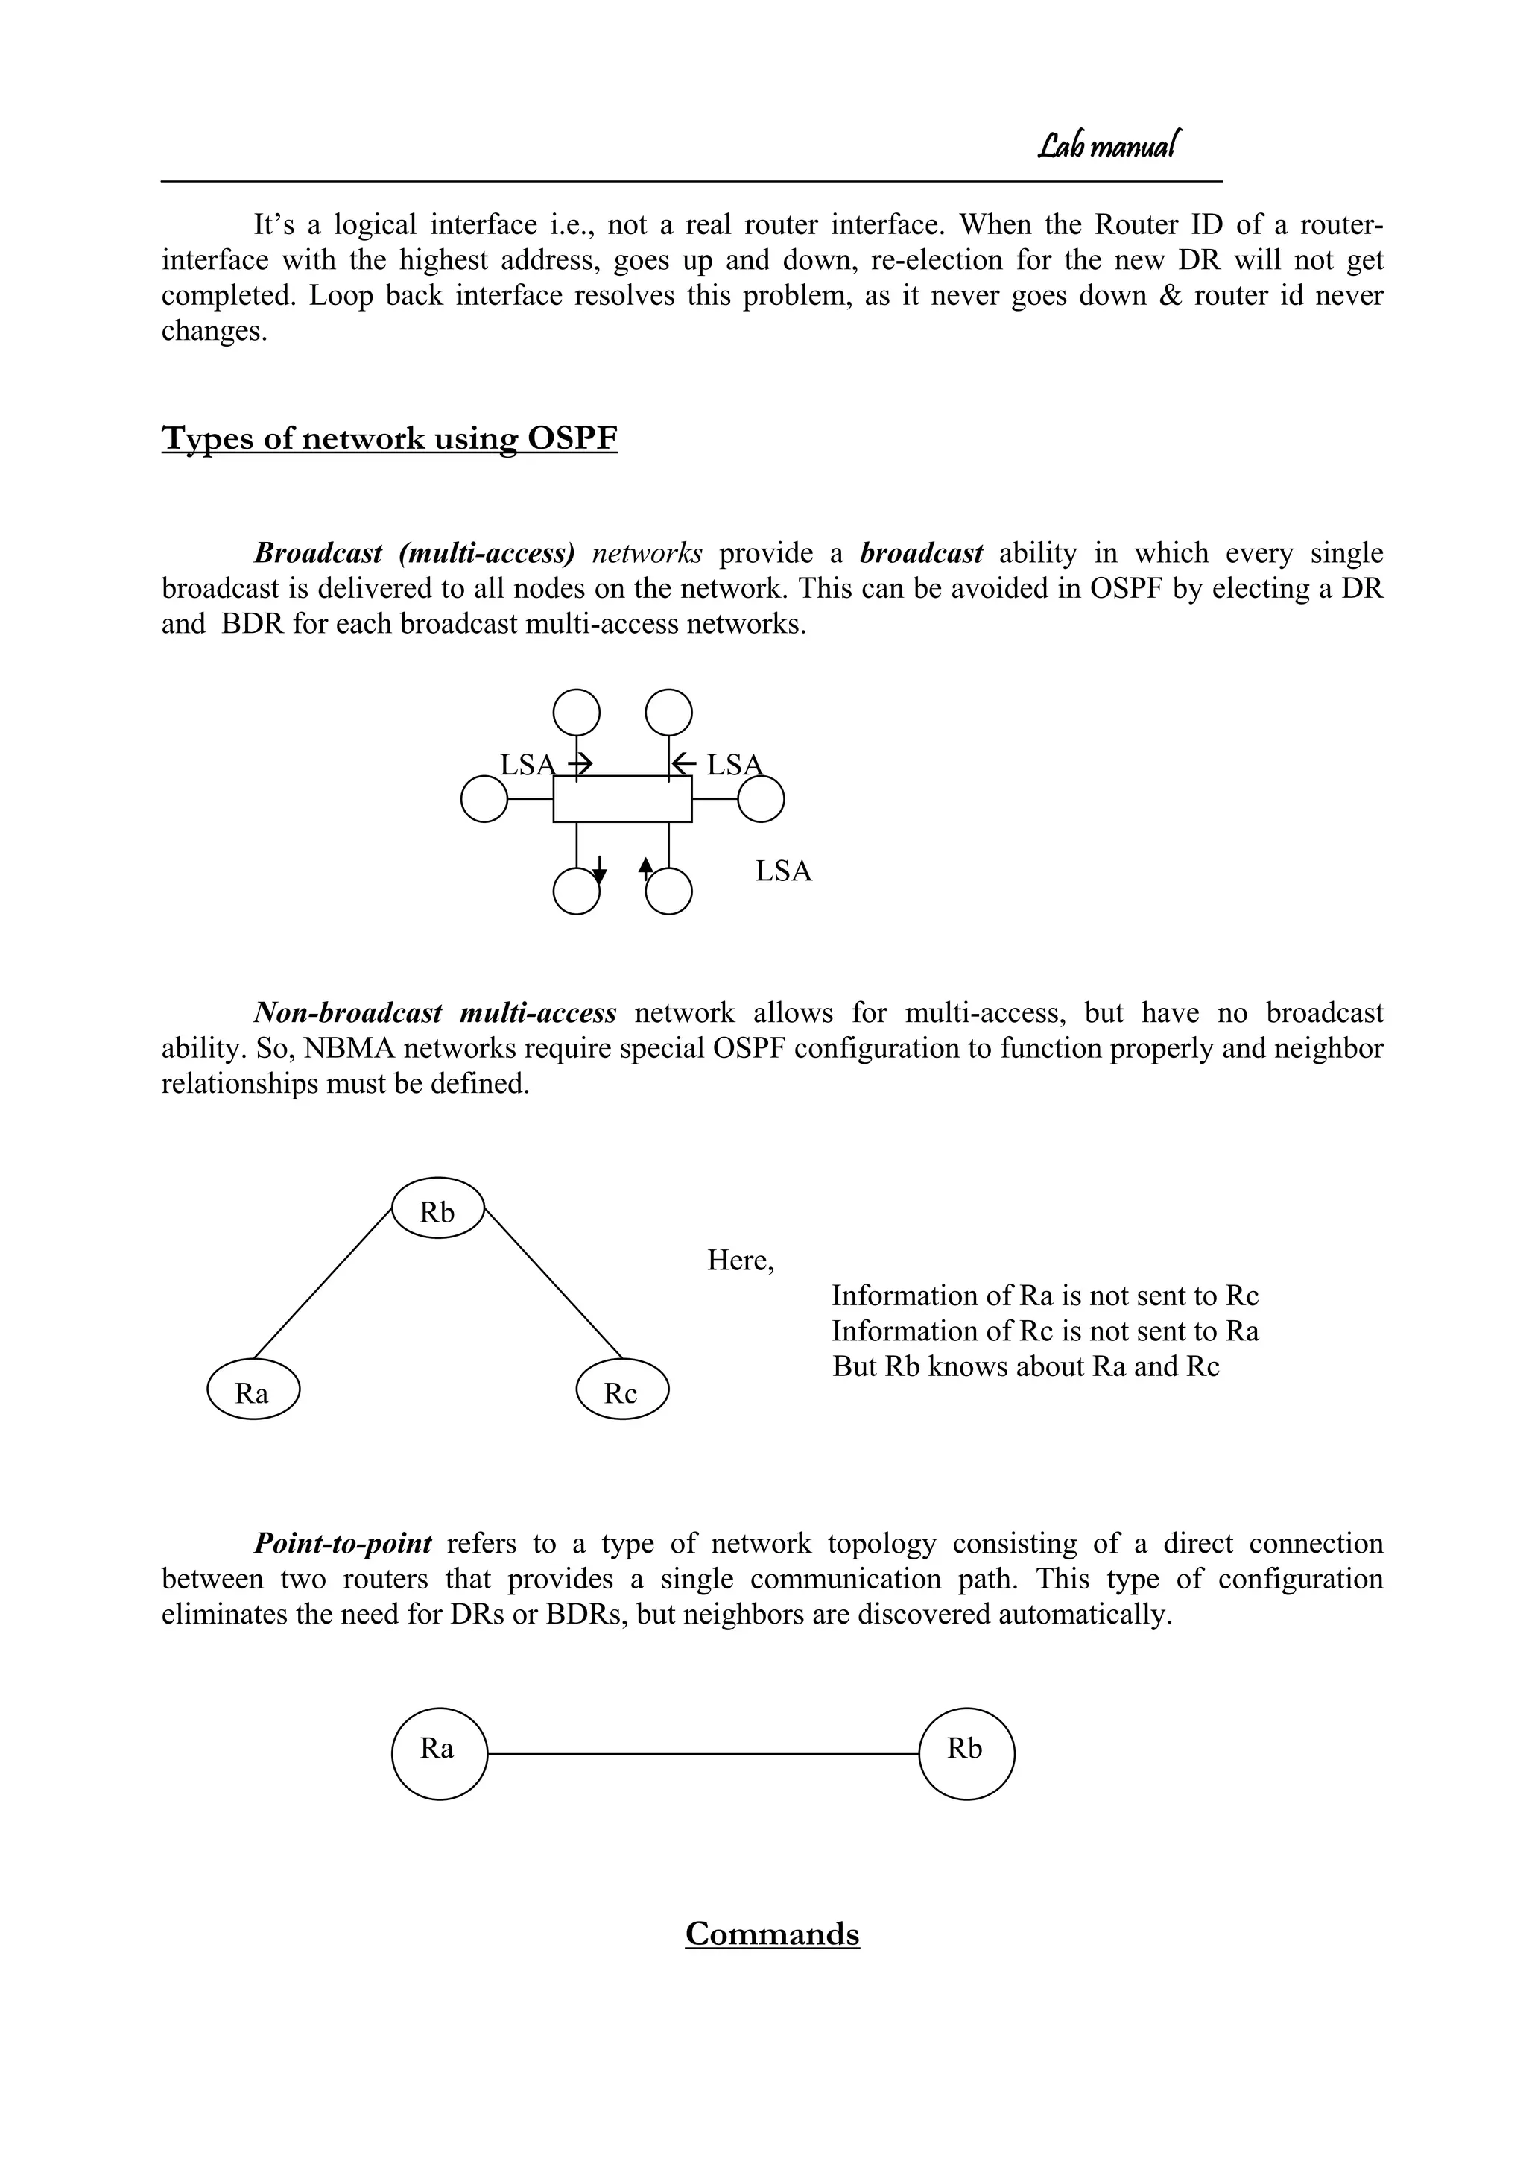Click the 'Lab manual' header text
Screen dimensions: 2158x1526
[x=1109, y=145]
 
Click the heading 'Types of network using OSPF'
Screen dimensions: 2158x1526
[x=389, y=438]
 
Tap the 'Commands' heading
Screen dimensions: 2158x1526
[x=771, y=1934]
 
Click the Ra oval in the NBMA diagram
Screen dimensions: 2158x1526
[x=253, y=1389]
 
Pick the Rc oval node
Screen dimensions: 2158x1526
[x=622, y=1389]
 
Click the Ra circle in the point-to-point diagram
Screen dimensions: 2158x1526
[x=439, y=1754]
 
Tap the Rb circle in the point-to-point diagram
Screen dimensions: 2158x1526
[x=966, y=1754]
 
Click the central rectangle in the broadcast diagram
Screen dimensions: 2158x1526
[x=622, y=799]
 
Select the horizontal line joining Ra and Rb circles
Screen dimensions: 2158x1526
[x=703, y=1754]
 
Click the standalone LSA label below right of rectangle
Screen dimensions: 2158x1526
[x=782, y=871]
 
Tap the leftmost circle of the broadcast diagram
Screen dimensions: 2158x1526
[x=484, y=799]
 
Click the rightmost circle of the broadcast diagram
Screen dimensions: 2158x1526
[x=760, y=799]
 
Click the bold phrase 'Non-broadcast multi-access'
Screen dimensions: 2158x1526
[x=435, y=1013]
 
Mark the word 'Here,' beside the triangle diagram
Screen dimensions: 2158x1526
[x=741, y=1261]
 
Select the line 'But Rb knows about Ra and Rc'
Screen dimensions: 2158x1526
[x=1025, y=1366]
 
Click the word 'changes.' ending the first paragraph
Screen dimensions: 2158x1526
[x=215, y=332]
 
